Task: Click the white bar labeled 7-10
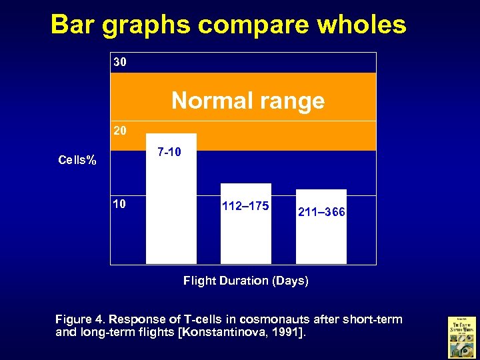coord(171,213)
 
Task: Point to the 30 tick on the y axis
coord(120,63)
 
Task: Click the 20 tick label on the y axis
coord(120,131)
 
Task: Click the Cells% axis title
coord(77,160)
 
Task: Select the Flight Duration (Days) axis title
coord(245,281)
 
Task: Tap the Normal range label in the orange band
coord(248,101)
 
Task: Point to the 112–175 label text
coord(245,205)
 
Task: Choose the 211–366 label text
coord(321,212)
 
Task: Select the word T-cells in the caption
coord(186,319)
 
